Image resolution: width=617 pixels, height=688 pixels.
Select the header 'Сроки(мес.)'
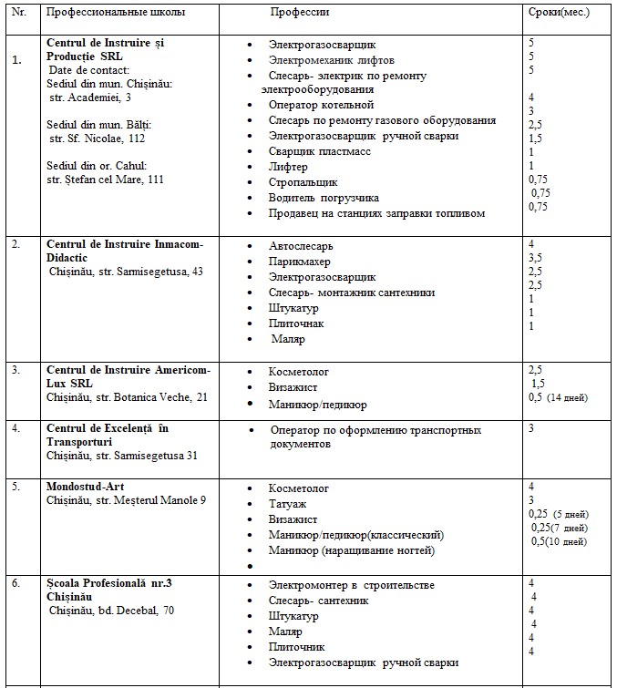[x=559, y=13]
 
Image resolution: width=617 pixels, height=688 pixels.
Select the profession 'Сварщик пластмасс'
[x=320, y=151]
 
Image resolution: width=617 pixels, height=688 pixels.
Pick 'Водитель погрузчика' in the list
[x=324, y=198]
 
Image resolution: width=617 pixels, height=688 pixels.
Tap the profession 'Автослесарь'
[x=301, y=246]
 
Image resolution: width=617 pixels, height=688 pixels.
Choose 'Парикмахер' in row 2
[x=300, y=262]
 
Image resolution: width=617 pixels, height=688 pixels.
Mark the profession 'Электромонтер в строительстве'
[x=351, y=585]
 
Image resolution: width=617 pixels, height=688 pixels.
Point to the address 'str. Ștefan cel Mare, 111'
[x=105, y=179]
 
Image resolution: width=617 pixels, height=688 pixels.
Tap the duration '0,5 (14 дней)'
[x=558, y=397]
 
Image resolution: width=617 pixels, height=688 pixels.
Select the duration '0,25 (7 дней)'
[x=559, y=528]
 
